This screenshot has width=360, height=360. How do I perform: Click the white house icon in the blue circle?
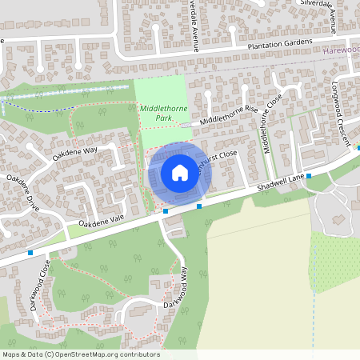click(179, 172)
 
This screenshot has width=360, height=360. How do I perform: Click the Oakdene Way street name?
click(74, 151)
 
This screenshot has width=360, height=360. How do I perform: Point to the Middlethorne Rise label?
click(230, 114)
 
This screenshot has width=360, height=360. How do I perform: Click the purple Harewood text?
click(342, 50)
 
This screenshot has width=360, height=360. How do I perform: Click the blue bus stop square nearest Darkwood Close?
click(30, 253)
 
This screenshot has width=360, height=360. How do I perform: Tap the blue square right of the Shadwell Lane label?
click(309, 175)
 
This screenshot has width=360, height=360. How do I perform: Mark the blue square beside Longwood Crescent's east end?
click(358, 147)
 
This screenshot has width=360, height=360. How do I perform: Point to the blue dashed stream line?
click(48, 104)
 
